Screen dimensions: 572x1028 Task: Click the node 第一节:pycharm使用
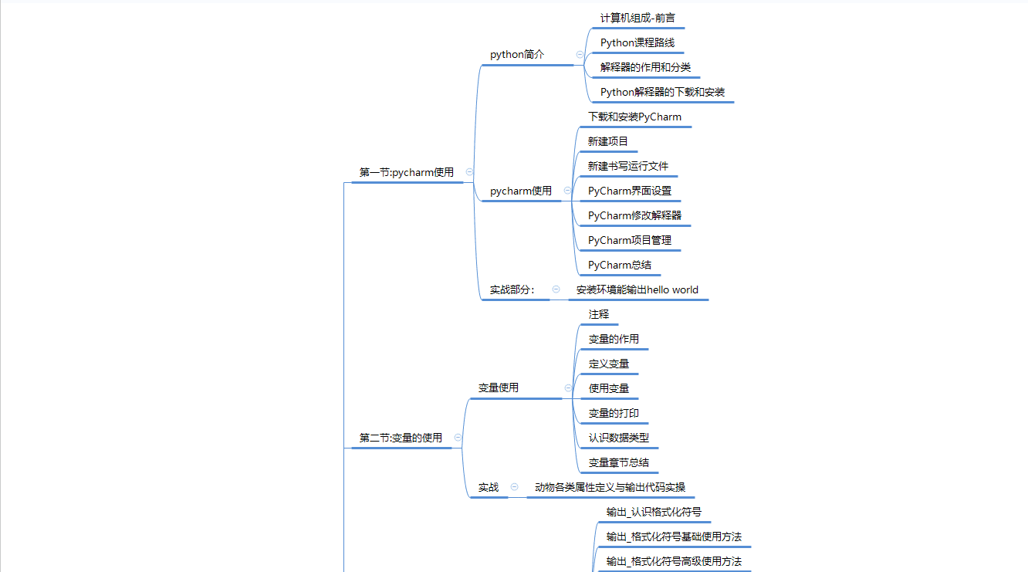click(x=407, y=172)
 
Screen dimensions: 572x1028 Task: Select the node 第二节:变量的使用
click(x=401, y=438)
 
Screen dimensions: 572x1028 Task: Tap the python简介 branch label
click(x=517, y=55)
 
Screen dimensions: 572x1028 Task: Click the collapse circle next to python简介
click(x=580, y=55)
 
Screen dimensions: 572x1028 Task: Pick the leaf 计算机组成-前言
click(x=638, y=18)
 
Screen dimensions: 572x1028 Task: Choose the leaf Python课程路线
click(x=637, y=42)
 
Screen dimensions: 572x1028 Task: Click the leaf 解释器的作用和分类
click(x=645, y=67)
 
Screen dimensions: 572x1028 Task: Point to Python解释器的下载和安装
click(x=662, y=92)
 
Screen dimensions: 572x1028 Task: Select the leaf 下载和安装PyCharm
click(x=634, y=117)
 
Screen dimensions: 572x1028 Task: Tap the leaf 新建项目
click(x=608, y=141)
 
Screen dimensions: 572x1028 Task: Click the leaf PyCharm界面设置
click(x=630, y=191)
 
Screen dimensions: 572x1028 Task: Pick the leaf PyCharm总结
click(x=619, y=265)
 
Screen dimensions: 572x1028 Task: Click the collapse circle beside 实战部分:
click(x=556, y=289)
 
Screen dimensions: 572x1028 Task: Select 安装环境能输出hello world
click(x=637, y=289)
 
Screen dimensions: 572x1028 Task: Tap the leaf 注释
click(x=599, y=314)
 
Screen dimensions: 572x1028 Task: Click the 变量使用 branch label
click(x=499, y=388)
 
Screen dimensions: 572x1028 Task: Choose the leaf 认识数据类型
click(x=618, y=438)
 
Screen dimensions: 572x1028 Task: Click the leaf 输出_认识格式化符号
click(x=654, y=512)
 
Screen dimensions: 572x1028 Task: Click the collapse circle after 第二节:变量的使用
click(x=458, y=437)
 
